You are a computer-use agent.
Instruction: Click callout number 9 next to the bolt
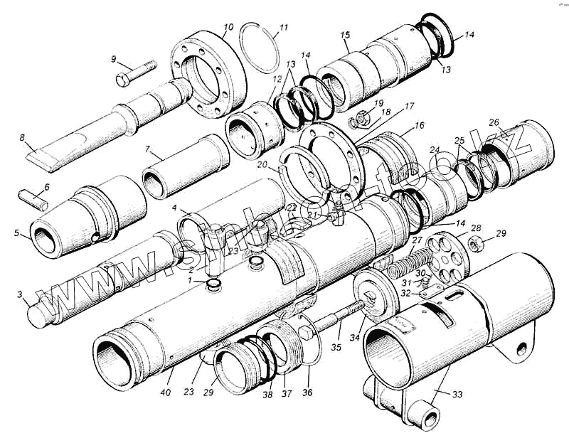click(113, 59)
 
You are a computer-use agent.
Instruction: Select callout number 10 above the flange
click(228, 28)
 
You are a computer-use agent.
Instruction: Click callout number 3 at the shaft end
click(21, 294)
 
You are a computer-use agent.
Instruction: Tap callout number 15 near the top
click(345, 35)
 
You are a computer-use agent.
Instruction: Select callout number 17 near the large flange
click(410, 106)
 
